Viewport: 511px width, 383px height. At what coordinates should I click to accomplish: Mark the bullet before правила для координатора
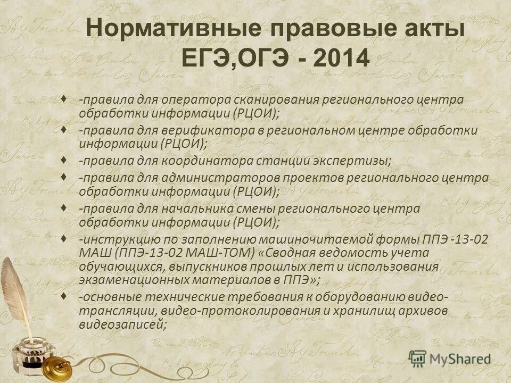click(x=64, y=160)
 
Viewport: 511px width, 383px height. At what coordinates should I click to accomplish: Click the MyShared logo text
click(x=459, y=359)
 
